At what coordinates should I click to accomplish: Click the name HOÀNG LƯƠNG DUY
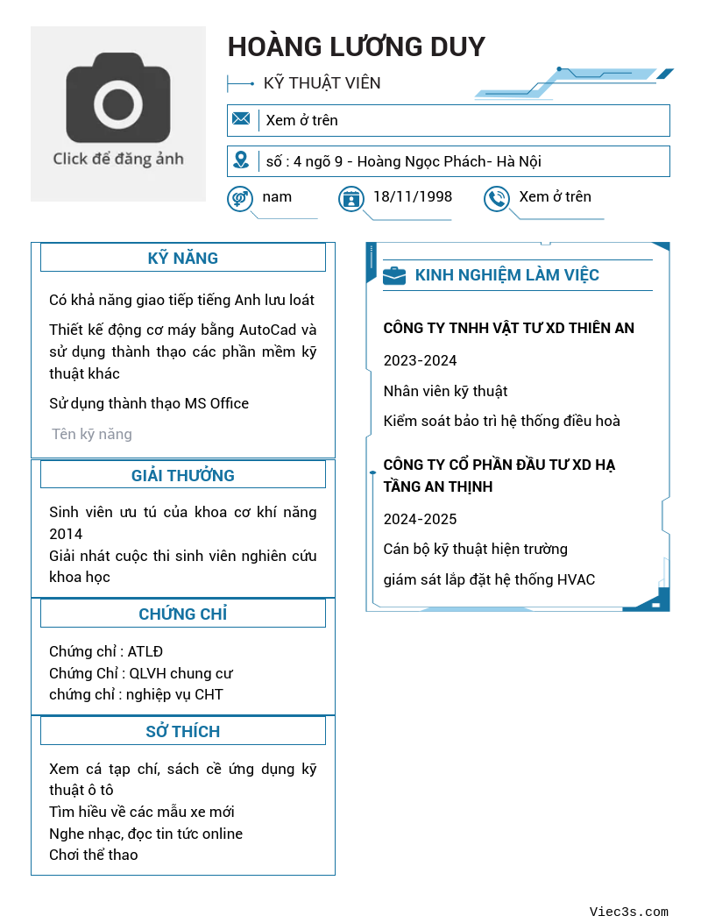coord(356,46)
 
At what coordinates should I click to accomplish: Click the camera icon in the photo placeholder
coord(117,97)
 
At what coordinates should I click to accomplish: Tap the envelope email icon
coord(241,119)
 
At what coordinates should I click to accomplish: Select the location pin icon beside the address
coord(241,160)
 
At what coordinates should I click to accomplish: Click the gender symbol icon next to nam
coord(239,198)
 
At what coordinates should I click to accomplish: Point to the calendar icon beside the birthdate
coord(351,199)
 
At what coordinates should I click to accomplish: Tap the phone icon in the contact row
coord(497,199)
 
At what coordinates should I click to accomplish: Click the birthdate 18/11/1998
coord(413,196)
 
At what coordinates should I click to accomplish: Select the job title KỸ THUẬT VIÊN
coord(322,83)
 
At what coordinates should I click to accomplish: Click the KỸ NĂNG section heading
coord(183,258)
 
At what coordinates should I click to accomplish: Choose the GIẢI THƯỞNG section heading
coord(183,475)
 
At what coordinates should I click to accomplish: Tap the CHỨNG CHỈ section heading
coord(183,614)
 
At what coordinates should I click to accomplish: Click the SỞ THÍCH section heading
coord(183,731)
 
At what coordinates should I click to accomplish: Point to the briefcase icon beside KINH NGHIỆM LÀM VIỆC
coord(394,275)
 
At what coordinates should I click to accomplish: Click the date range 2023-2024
coord(420,360)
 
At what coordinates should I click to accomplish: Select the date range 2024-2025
coord(420,519)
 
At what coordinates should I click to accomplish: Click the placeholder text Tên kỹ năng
coord(92,434)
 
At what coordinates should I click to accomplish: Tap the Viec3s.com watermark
coord(629,912)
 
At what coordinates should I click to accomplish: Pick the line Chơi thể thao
coord(94,855)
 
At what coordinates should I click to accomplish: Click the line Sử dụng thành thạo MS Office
coord(149,403)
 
